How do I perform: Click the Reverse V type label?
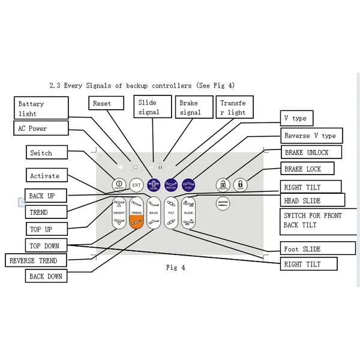point(311,136)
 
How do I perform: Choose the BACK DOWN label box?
point(46,277)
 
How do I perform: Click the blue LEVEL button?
point(154,185)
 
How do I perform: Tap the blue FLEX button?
point(188,185)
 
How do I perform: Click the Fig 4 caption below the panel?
point(175,268)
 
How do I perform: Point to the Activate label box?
point(45,176)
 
